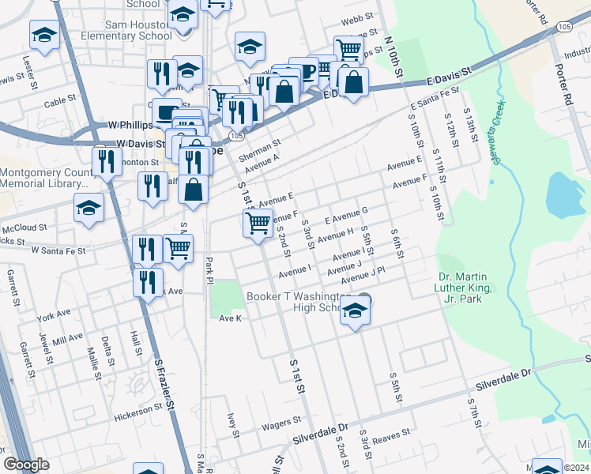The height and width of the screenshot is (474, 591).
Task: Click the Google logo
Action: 26,465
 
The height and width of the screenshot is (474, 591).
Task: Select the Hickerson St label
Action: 139,412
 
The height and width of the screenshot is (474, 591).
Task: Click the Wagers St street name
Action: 282,423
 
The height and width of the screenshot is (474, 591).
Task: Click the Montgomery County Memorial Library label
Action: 43,179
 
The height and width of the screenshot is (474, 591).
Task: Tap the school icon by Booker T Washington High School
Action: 355,310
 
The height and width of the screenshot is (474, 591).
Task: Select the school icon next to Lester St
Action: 44,35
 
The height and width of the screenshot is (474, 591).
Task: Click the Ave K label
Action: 229,318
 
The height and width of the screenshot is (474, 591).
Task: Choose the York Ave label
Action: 53,315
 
